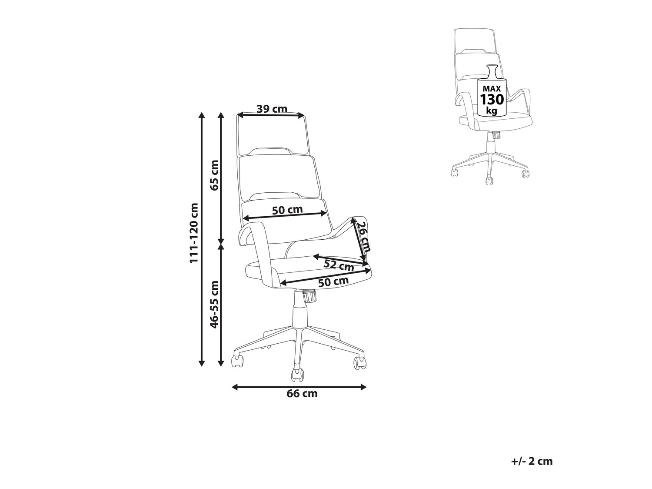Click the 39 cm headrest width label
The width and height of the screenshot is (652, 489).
(x=272, y=108)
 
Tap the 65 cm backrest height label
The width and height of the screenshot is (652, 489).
(x=213, y=175)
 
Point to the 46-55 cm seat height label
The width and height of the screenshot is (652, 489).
(x=213, y=305)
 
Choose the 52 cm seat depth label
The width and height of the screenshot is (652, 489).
(x=339, y=265)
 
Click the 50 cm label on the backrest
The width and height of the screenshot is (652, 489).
(x=287, y=210)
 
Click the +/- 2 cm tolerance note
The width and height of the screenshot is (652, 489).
(x=532, y=461)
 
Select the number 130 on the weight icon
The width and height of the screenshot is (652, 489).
(x=492, y=99)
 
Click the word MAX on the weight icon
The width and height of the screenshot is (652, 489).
(x=492, y=88)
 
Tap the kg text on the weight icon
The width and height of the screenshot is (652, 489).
(x=492, y=111)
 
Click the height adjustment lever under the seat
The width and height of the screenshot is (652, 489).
(x=309, y=297)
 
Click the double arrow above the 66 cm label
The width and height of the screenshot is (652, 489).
(x=299, y=386)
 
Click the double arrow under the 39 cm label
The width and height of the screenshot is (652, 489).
(x=271, y=115)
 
